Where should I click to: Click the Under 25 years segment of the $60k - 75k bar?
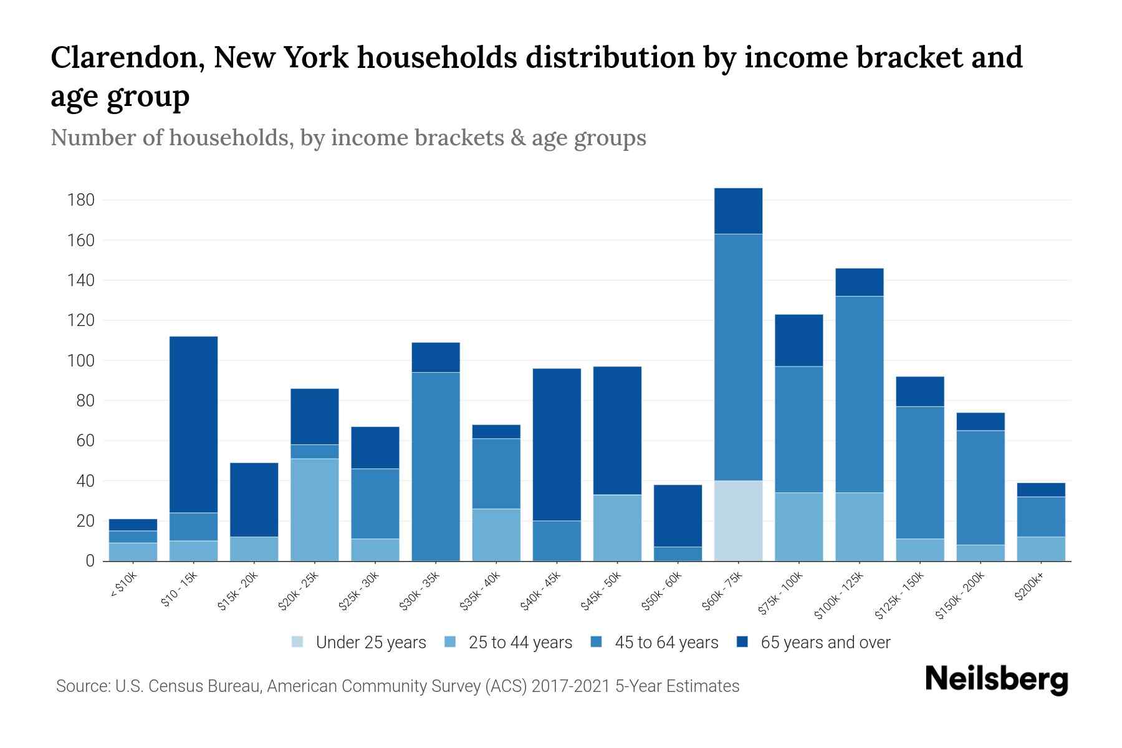tap(738, 520)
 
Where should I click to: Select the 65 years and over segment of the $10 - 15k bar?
tap(193, 424)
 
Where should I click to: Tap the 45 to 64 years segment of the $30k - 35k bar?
tap(436, 466)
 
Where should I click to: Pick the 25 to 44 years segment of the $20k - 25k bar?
tap(315, 509)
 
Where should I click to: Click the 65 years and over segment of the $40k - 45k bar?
tap(557, 444)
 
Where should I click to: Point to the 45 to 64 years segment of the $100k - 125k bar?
tap(860, 394)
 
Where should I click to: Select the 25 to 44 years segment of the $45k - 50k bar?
tap(617, 527)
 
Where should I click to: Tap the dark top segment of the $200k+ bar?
tap(1041, 489)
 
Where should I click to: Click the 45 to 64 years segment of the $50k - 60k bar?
tap(678, 554)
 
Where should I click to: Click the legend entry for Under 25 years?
tap(370, 643)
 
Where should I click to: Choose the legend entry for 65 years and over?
tap(825, 643)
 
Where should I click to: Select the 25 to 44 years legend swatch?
tap(450, 642)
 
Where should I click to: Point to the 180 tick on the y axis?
tap(81, 200)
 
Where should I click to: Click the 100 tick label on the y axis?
tap(81, 361)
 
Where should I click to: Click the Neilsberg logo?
tap(996, 679)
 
